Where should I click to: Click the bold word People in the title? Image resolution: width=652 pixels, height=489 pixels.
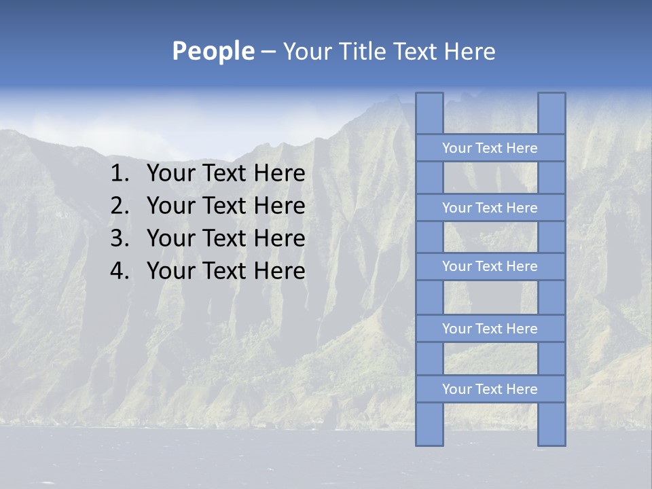coord(213,51)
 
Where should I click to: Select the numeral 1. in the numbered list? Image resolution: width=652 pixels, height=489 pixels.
coord(120,174)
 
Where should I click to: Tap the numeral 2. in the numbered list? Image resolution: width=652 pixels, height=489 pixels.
coord(120,206)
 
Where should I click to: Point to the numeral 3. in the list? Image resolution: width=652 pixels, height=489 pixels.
coord(120,238)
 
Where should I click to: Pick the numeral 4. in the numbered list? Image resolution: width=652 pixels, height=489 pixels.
coord(120,271)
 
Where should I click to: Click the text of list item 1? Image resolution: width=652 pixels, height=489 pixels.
coord(225,174)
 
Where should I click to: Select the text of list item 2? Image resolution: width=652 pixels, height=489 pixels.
coord(225,206)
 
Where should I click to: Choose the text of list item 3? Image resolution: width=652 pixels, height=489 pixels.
coord(225,238)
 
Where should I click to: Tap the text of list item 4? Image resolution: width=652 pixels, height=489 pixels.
coord(225,271)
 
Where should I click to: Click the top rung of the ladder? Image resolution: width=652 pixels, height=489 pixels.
coord(490,148)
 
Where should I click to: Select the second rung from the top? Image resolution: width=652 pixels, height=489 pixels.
coord(490,208)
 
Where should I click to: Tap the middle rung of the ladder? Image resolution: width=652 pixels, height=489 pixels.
coord(490,267)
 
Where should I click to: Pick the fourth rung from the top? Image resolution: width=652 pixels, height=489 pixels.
coord(490,329)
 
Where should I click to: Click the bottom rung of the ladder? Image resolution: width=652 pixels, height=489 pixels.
coord(490,389)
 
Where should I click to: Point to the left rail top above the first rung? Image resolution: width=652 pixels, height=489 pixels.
coord(429,113)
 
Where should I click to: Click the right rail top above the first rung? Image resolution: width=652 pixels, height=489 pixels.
coord(551,113)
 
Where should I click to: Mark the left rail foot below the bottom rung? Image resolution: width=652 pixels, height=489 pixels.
coord(429,424)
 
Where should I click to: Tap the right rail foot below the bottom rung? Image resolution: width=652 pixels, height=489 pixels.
coord(551,424)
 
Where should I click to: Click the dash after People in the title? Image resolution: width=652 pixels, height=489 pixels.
coord(268,52)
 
